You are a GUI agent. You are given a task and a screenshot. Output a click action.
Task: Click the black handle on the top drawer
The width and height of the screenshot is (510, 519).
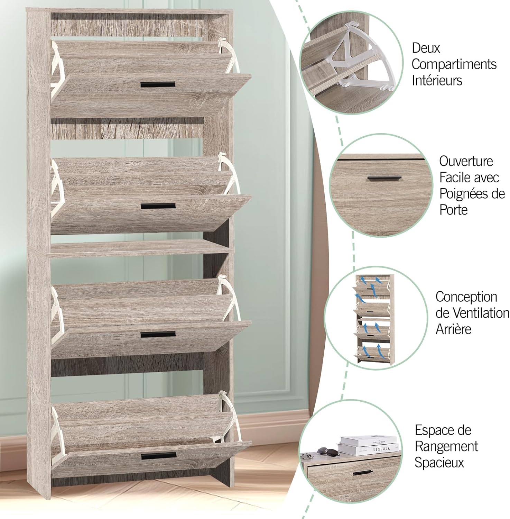158,85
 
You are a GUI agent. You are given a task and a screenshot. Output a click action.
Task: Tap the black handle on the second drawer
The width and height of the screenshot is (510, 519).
158,206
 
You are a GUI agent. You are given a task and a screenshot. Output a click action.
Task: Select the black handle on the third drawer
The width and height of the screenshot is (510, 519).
158,335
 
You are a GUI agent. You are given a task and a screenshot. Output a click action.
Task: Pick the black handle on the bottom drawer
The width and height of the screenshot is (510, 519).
159,456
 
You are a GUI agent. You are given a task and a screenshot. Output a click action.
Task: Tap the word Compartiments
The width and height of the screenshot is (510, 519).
454,64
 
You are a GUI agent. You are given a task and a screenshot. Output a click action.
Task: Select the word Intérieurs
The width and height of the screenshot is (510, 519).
437,80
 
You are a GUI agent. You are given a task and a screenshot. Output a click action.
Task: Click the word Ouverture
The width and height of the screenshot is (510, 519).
466,161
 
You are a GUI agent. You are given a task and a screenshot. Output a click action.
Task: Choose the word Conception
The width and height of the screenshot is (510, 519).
466,297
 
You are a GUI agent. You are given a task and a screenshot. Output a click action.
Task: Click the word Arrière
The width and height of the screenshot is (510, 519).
453,329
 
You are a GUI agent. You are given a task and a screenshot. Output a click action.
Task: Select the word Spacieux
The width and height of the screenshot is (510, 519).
439,463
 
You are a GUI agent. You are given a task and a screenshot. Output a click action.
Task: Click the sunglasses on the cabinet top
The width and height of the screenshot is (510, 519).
324,450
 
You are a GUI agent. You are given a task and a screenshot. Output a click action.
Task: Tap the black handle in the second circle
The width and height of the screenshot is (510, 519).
384,178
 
